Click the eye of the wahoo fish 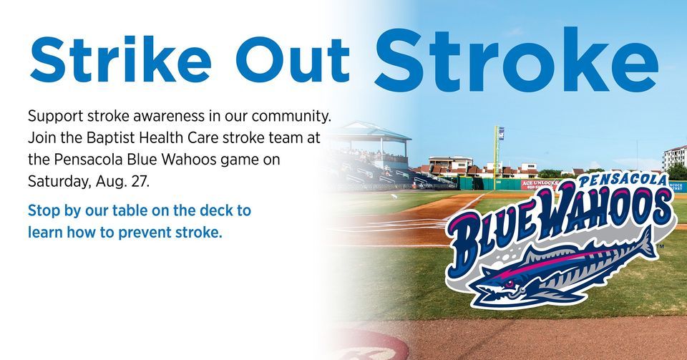point(509,284)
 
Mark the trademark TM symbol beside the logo point(659,248)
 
